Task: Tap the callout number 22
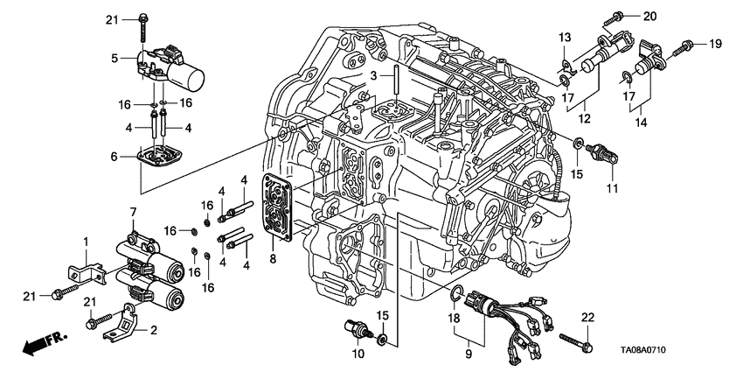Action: pyautogui.click(x=587, y=316)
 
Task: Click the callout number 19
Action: pyautogui.click(x=715, y=43)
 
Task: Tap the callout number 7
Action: pyautogui.click(x=133, y=212)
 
